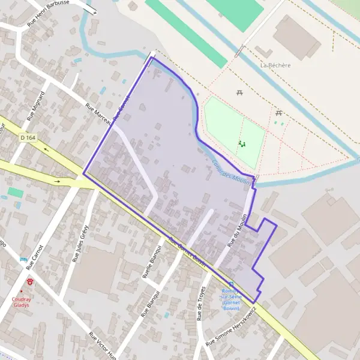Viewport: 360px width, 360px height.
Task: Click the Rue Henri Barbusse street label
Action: pos(57,11)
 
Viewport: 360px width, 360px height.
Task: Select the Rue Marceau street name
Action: pos(97,113)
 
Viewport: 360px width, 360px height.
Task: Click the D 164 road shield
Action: pos(28,137)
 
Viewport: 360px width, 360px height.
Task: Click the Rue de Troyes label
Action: pos(200,304)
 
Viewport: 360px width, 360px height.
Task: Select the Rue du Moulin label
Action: pos(238,231)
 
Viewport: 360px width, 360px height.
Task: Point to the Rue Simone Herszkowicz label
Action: pos(234,327)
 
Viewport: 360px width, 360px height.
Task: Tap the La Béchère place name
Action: pos(275,65)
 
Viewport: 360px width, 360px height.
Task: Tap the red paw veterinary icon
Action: pos(29,280)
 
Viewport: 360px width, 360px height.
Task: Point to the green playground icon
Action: pos(242,144)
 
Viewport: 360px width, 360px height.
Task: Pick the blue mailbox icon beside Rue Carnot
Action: pos(23,259)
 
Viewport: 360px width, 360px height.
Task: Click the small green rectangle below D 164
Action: pos(16,193)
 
